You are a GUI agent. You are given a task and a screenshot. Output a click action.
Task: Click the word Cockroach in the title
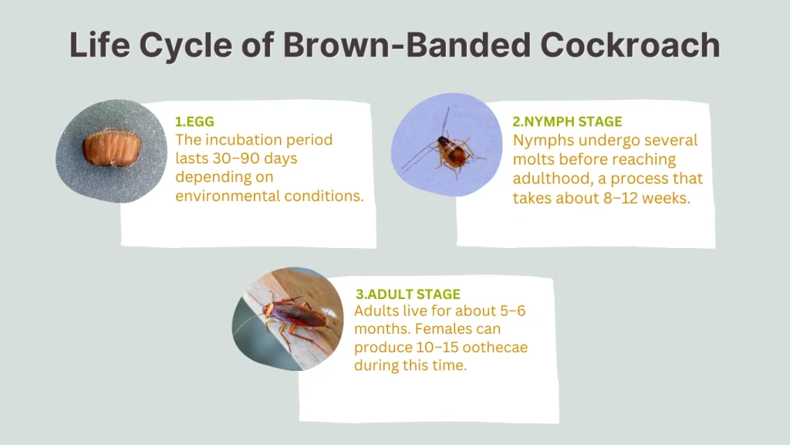[630, 46]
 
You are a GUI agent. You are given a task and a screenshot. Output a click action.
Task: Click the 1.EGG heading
[195, 121]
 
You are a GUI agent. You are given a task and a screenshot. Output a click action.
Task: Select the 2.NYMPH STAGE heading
[567, 121]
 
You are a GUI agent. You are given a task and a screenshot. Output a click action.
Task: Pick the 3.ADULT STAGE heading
[407, 294]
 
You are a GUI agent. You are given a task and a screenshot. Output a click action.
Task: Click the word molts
[532, 159]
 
